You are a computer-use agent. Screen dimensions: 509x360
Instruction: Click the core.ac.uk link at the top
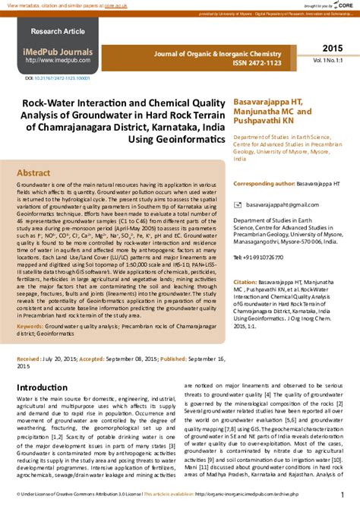pyautogui.click(x=117, y=5)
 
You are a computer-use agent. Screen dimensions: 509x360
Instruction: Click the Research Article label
pyautogui.click(x=58, y=32)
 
